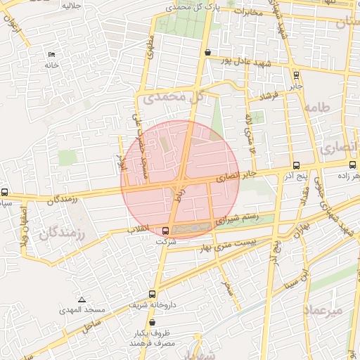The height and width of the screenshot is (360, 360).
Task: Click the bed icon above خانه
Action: coord(51,55)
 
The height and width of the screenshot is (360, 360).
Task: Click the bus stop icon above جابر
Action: coord(296,75)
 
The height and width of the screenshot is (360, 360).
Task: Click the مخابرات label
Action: coord(247,12)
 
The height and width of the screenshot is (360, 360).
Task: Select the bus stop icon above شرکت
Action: coord(166,230)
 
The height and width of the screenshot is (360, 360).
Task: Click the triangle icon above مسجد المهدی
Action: coord(82,300)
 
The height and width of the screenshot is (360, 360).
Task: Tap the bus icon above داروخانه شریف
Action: coord(152,294)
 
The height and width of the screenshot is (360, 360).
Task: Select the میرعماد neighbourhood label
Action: coord(323,309)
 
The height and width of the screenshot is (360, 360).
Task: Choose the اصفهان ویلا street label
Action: coord(25,224)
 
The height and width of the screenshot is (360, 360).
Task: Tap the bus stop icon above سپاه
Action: coord(5,192)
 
